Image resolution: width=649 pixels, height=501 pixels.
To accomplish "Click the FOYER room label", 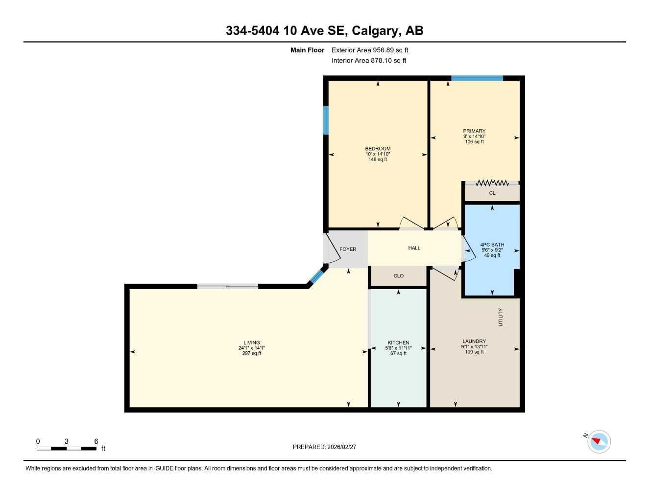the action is pyautogui.click(x=348, y=250).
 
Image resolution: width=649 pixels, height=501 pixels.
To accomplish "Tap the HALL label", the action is pyautogui.click(x=414, y=248).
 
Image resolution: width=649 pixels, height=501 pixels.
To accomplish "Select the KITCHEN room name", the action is pyautogui.click(x=398, y=342).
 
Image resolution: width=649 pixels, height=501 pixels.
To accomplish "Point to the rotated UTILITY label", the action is pyautogui.click(x=501, y=317).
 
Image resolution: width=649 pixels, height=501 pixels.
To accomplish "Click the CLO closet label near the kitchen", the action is pyautogui.click(x=398, y=276).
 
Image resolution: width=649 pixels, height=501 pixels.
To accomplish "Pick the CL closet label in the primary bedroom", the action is pyautogui.click(x=492, y=193).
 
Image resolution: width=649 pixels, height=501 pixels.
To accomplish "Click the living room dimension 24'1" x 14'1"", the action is pyautogui.click(x=251, y=348).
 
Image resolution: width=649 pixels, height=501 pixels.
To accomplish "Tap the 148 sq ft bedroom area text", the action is pyautogui.click(x=378, y=159).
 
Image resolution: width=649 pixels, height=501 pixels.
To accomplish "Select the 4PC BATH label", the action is pyautogui.click(x=492, y=245).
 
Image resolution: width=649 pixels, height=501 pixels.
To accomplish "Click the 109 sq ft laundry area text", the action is pyautogui.click(x=474, y=352).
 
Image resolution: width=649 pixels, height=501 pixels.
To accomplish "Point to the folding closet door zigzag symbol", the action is pyautogui.click(x=492, y=183).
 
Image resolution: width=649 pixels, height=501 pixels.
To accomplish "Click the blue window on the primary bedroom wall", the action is pyautogui.click(x=477, y=78).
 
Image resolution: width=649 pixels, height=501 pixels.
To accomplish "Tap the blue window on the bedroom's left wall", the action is pyautogui.click(x=326, y=120).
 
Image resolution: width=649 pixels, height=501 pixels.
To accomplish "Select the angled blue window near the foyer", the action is pyautogui.click(x=316, y=276).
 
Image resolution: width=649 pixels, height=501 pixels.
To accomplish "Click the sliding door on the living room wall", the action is pyautogui.click(x=228, y=286).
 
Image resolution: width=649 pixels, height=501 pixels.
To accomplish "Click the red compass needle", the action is pyautogui.click(x=596, y=441).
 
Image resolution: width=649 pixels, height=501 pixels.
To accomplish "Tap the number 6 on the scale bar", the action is pyautogui.click(x=96, y=441).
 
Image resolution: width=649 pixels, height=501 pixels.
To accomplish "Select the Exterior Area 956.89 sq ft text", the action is pyautogui.click(x=370, y=50).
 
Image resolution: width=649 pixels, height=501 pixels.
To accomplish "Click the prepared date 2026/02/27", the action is pyautogui.click(x=342, y=447).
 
